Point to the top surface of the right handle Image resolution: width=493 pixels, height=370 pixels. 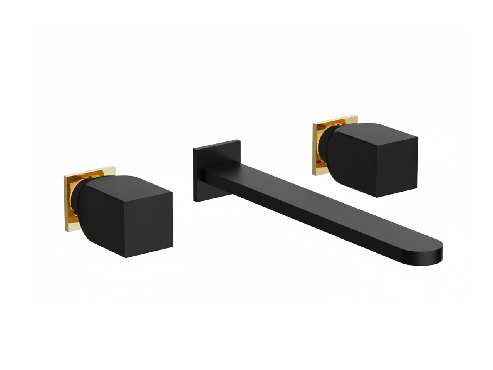pos(377,131)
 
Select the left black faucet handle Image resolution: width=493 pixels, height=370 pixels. pos(127,216)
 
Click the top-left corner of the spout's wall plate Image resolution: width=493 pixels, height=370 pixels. pos(194,149)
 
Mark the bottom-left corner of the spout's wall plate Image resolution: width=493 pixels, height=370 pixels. pos(194,201)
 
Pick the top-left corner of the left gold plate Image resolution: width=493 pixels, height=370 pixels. pos(64,177)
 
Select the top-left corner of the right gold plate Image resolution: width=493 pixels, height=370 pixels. pos(313,124)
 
